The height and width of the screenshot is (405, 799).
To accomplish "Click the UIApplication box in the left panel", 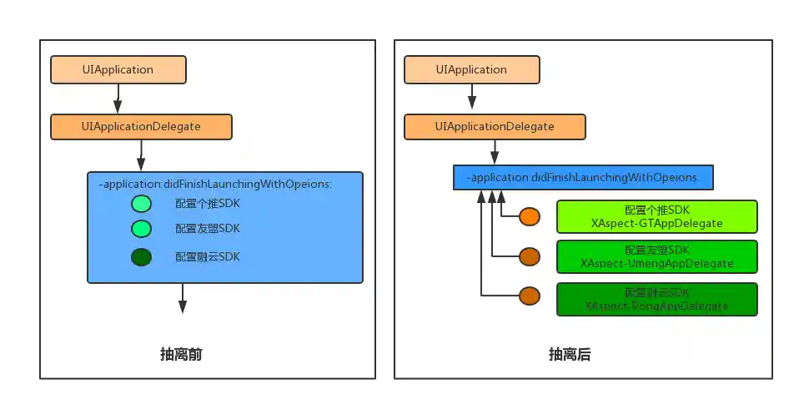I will tap(118, 70).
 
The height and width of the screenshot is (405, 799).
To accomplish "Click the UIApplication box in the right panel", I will tap(471, 70).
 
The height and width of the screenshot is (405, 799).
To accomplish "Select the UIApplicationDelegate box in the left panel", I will tap(141, 127).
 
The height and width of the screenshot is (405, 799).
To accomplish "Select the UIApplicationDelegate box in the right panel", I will tap(495, 127).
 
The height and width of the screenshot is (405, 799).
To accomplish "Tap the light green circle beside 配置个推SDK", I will tap(141, 204).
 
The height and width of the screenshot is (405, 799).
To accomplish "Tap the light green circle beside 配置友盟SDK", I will tap(141, 229).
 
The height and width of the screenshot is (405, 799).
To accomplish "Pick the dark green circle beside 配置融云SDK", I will tap(141, 257).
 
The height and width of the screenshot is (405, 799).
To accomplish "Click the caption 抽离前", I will tap(181, 355).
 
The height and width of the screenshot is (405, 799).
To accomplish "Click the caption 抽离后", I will tap(570, 355).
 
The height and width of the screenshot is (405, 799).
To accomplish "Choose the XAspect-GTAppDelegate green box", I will tap(656, 216).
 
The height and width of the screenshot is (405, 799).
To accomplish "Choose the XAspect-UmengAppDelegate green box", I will tap(656, 256).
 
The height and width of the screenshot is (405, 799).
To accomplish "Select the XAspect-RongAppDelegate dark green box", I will tap(656, 299).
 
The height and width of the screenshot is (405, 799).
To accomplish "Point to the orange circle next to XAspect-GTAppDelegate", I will tap(530, 217).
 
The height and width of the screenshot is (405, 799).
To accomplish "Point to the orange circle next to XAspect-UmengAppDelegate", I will tap(530, 256).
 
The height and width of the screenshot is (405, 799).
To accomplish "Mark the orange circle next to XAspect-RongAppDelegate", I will tap(530, 296).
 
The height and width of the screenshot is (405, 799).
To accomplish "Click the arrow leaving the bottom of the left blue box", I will tap(183, 298).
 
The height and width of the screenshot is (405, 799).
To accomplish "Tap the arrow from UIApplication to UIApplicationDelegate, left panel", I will tap(118, 99).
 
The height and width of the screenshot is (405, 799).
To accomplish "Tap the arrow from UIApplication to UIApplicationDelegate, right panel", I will tap(471, 99).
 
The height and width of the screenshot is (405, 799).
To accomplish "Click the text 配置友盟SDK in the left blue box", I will tap(207, 229).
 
